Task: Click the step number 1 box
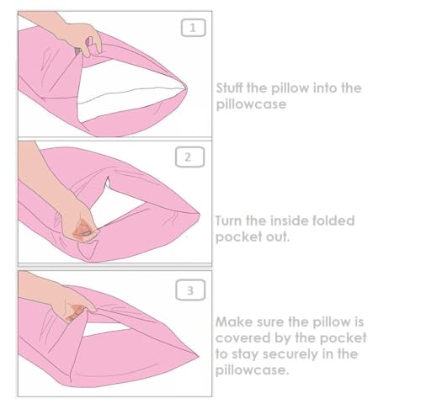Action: point(193,28)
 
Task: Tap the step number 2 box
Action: point(189,157)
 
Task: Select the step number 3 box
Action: point(190,290)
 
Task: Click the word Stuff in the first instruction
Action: point(229,88)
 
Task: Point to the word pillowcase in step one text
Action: point(251,104)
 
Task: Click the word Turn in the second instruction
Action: point(228,221)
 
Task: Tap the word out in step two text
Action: point(278,237)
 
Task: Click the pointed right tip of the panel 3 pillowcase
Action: point(199,356)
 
